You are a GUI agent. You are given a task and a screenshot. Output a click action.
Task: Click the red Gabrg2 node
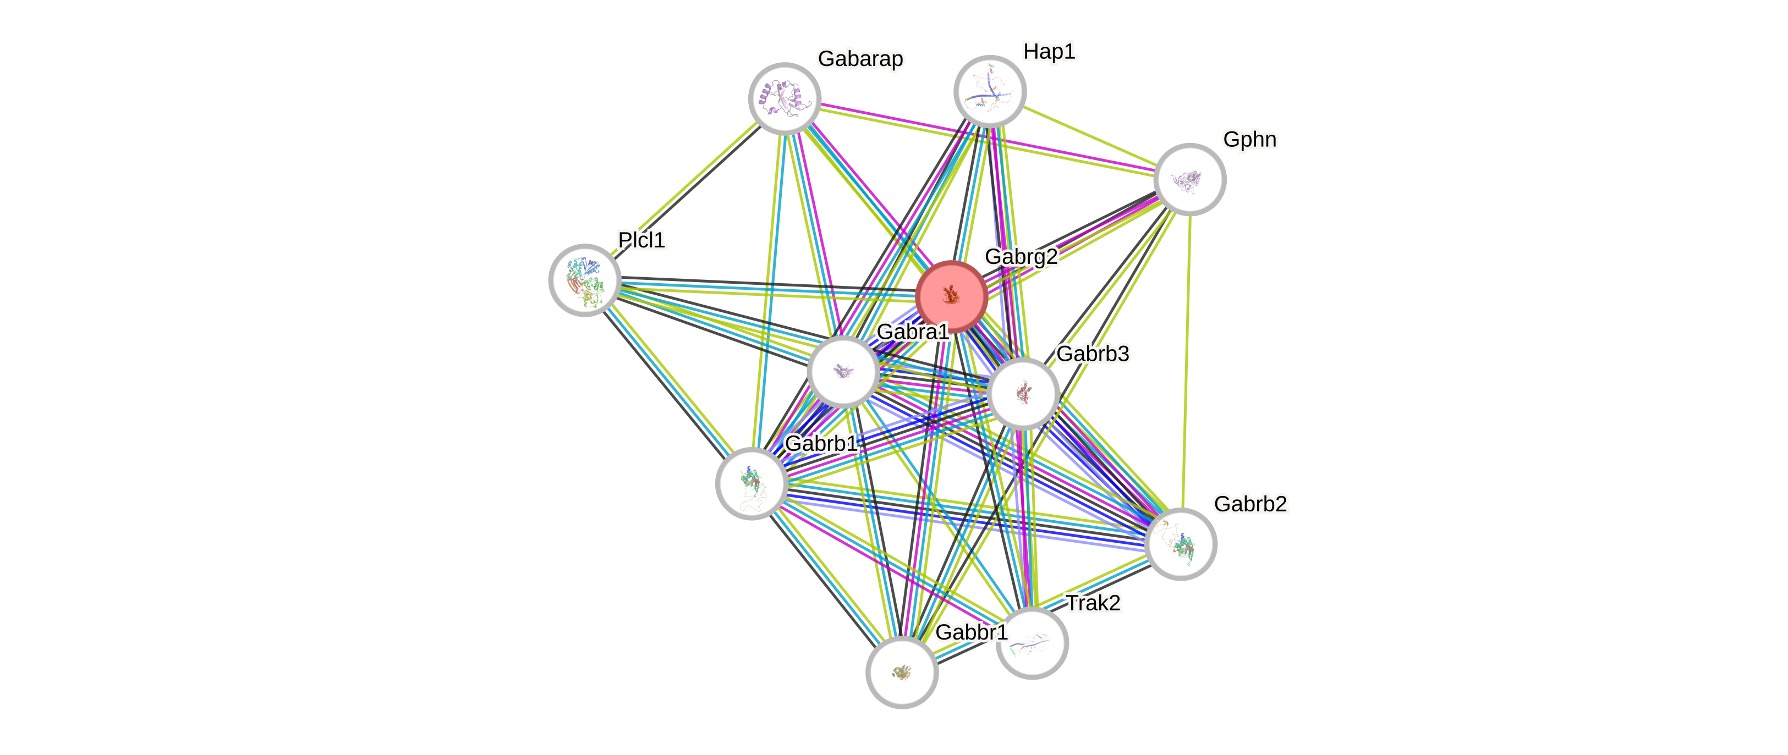coord(951,296)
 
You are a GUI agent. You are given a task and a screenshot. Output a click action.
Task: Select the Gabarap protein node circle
coord(785,98)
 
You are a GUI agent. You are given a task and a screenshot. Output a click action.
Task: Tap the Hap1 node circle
coord(990,91)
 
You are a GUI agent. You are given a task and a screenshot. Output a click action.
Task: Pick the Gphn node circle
coord(1189,179)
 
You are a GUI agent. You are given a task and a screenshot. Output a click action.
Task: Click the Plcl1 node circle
coord(584,280)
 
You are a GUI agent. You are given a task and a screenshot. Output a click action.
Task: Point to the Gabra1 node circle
coord(843,371)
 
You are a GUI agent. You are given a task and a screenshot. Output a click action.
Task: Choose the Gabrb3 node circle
coord(1023,394)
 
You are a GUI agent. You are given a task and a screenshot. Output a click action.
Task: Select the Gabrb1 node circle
coord(751,483)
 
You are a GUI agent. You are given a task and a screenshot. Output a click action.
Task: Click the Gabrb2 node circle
coord(1181,544)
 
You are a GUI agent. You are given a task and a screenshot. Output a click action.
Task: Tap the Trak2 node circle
coord(1032,643)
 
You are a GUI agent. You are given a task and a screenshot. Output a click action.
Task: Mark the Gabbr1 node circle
coord(902,672)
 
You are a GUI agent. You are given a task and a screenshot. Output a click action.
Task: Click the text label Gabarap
coord(860,59)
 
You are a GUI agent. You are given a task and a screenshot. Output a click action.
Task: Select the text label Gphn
coord(1249,140)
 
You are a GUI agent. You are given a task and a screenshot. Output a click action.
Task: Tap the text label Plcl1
coord(641,239)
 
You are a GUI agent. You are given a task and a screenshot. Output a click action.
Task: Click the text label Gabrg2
coord(1021,256)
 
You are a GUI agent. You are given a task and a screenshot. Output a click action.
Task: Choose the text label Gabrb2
coord(1250,503)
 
